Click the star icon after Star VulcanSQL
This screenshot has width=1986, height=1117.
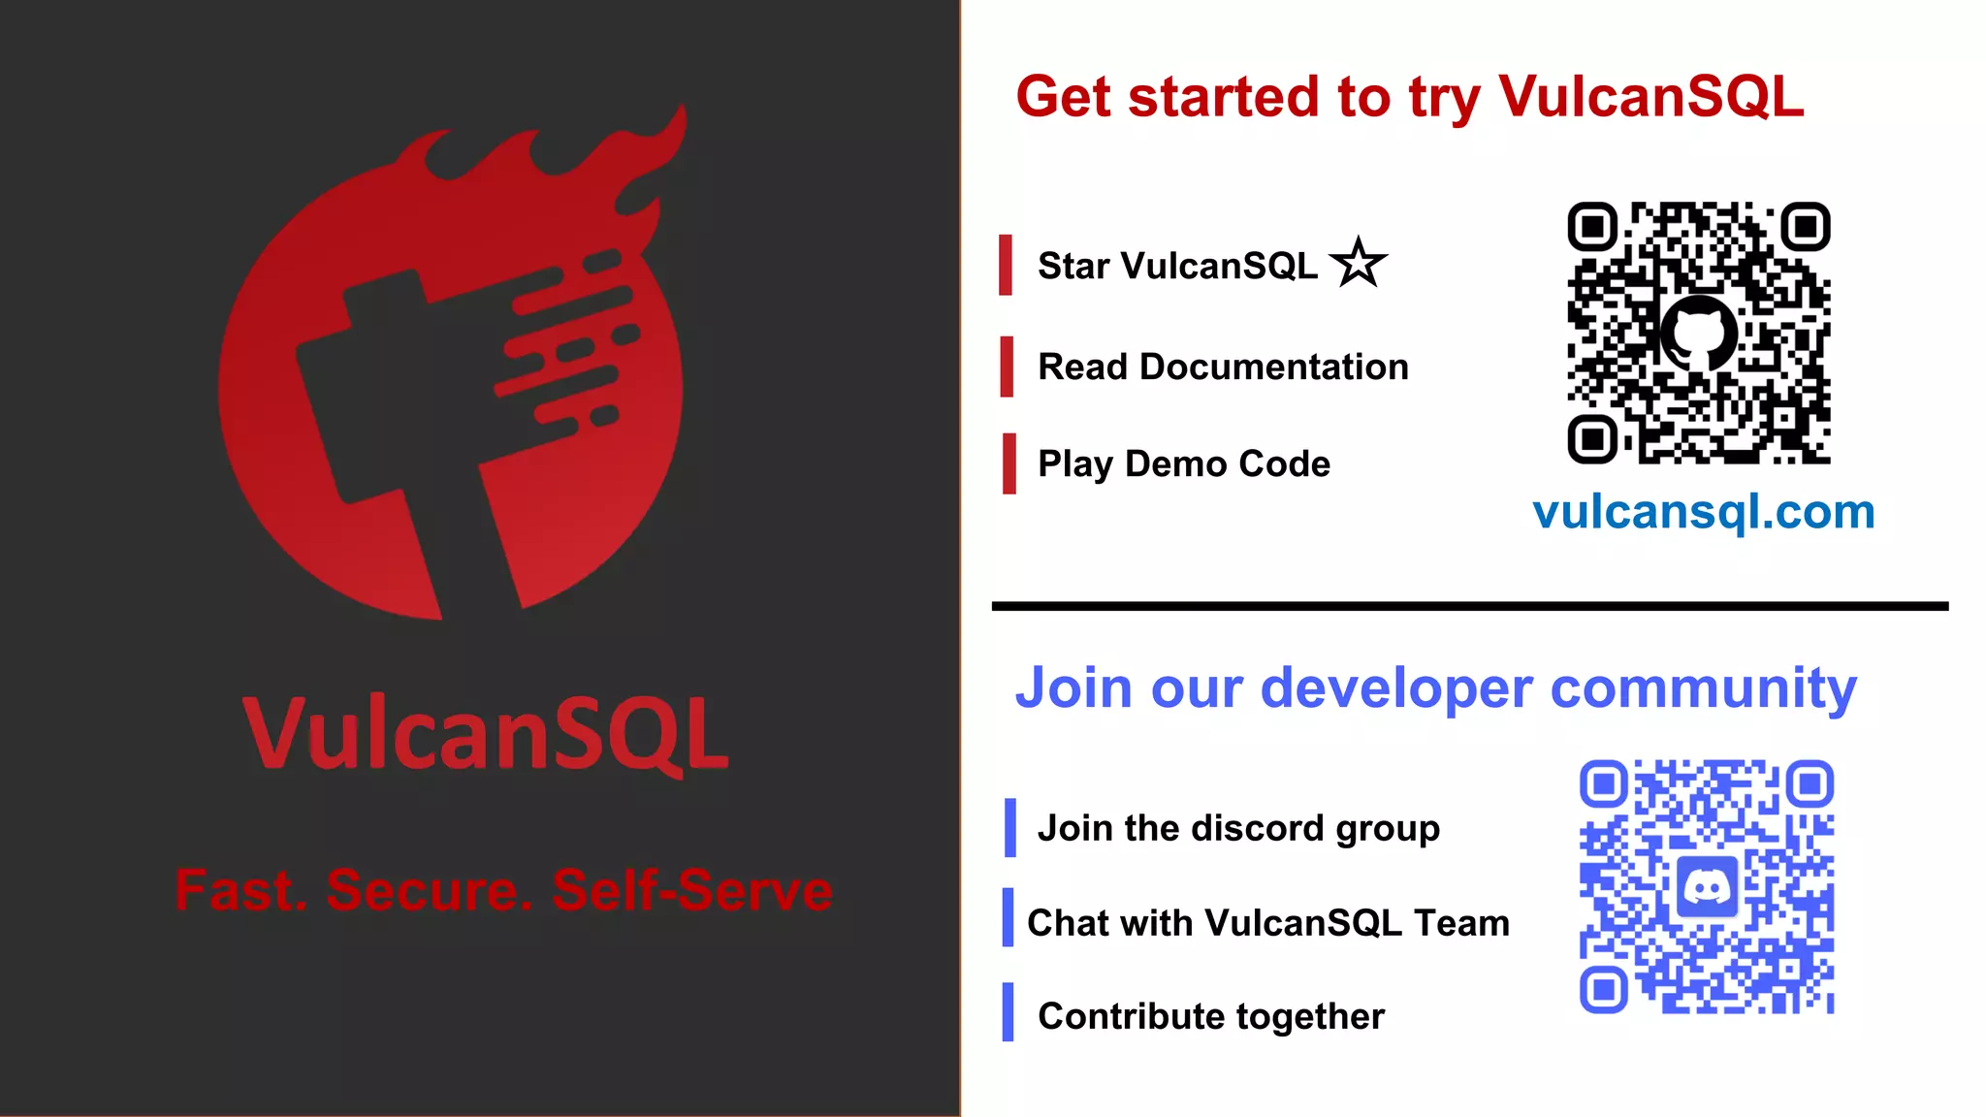tap(1359, 263)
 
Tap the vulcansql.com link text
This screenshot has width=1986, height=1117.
tap(1704, 512)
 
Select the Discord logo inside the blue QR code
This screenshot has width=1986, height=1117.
tap(1707, 886)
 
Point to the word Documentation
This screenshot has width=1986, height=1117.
tap(1273, 367)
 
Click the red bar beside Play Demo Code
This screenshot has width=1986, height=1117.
tap(1009, 463)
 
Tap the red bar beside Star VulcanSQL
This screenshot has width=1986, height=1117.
tap(1006, 265)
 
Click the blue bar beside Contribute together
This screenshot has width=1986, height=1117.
tap(1008, 1012)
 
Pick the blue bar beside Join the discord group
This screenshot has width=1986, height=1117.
tap(1009, 828)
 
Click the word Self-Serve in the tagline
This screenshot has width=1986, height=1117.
tap(692, 890)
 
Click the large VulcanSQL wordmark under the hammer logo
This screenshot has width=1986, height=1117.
tap(486, 734)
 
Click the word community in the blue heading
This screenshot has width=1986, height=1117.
tap(1704, 689)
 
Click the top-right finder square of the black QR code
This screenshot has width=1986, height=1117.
tap(1805, 227)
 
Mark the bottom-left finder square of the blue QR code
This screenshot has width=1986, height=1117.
tap(1604, 989)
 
